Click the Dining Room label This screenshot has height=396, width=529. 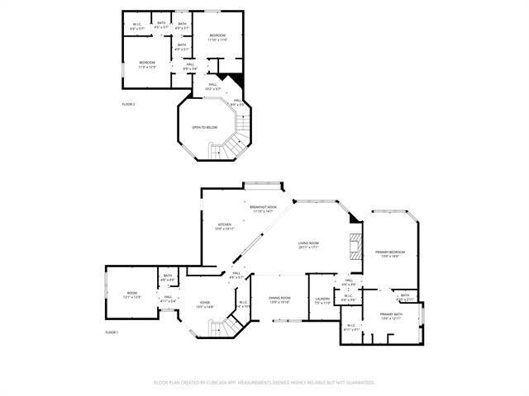click(279, 299)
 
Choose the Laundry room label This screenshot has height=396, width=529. click(322, 300)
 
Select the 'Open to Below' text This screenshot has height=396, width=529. click(204, 128)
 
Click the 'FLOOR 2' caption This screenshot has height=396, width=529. click(128, 104)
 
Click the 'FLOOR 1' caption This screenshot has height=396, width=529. click(112, 332)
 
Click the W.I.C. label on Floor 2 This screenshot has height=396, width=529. click(138, 26)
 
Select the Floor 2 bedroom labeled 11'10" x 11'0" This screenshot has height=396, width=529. click(217, 37)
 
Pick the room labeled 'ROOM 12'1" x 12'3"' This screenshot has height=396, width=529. click(132, 295)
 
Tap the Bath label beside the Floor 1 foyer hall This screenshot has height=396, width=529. click(168, 277)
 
